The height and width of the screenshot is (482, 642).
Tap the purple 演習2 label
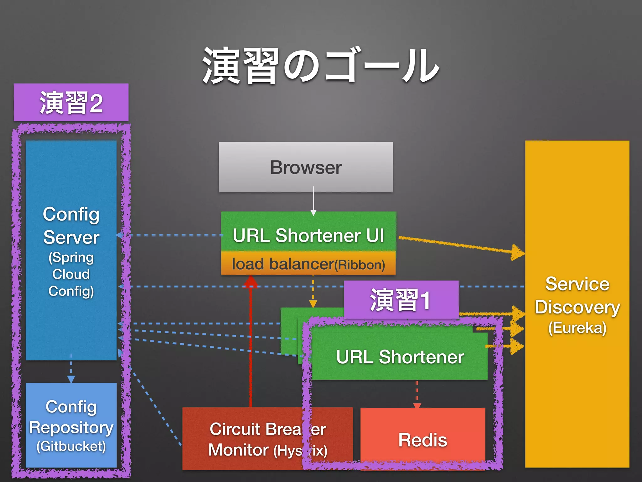click(71, 103)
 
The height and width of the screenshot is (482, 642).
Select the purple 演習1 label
click(401, 300)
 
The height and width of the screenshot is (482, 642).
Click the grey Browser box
click(306, 167)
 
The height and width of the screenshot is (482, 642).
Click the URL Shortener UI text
click(308, 235)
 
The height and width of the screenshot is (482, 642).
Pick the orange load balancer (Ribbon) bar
click(308, 264)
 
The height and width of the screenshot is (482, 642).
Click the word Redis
click(423, 440)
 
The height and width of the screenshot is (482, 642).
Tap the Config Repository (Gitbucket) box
click(71, 425)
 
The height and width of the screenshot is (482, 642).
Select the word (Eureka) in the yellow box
click(577, 328)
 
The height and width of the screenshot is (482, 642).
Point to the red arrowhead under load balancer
click(251, 281)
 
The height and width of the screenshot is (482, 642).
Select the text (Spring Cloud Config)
click(71, 274)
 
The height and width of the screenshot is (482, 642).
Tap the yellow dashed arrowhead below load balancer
click(313, 303)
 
